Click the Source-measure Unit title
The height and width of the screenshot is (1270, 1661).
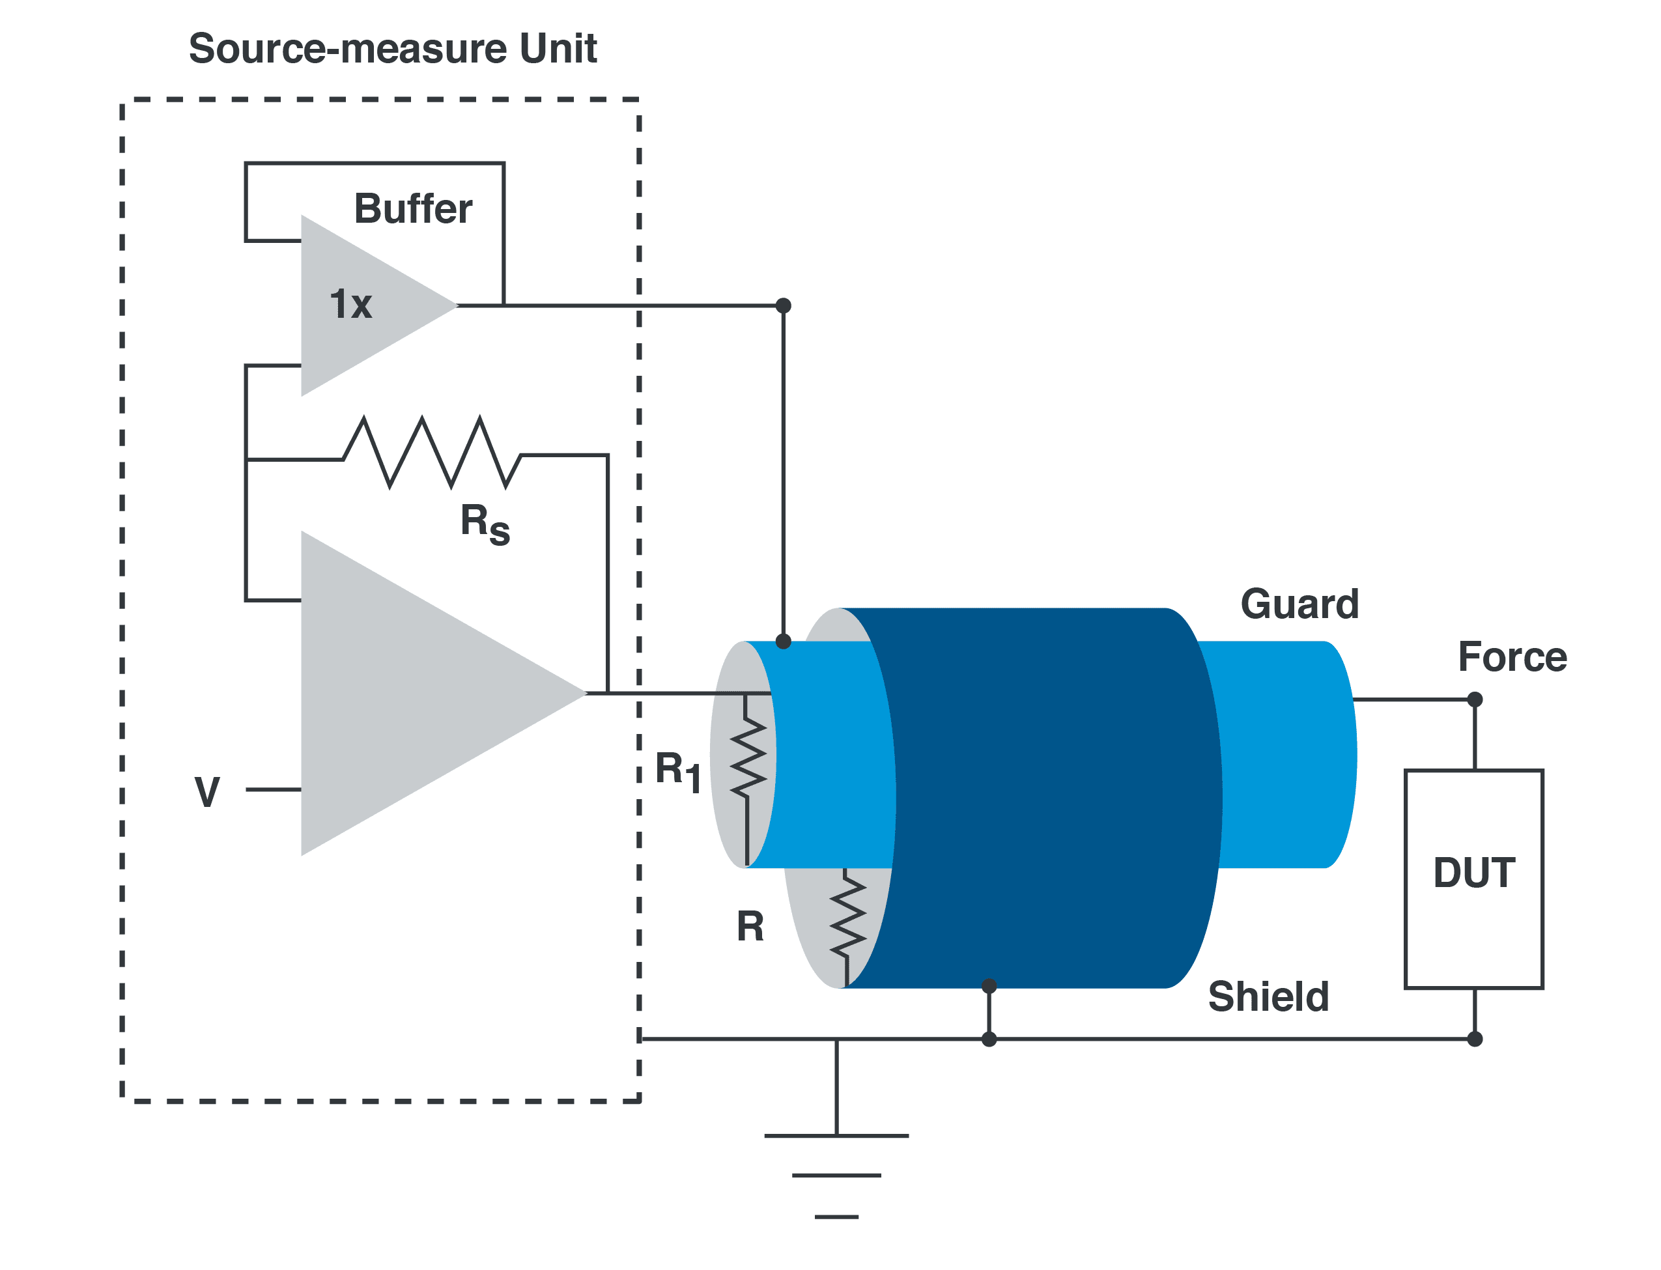click(x=392, y=48)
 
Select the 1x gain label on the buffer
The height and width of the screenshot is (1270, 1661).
click(x=351, y=304)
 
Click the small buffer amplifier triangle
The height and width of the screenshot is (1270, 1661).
click(x=363, y=305)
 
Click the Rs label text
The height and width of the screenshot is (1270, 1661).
click(x=484, y=523)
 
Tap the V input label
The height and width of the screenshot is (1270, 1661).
click(x=207, y=791)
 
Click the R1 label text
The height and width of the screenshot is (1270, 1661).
click(x=678, y=771)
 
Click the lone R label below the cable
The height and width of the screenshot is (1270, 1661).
click(x=750, y=927)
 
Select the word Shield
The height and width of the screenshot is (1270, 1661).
click(x=1268, y=996)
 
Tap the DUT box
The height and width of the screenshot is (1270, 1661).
click(x=1473, y=879)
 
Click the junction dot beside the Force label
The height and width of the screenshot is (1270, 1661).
click(x=1474, y=699)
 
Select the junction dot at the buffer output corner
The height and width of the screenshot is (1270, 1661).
click(x=783, y=305)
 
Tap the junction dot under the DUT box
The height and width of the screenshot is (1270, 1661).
click(x=1474, y=1039)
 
